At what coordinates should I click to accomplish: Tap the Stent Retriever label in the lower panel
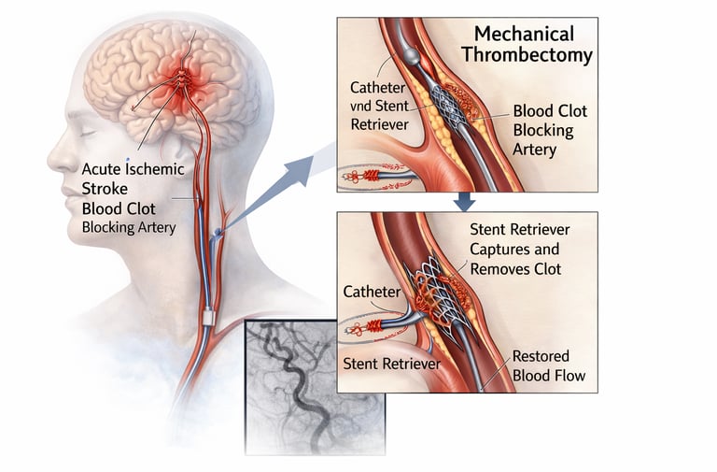pos(391,363)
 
